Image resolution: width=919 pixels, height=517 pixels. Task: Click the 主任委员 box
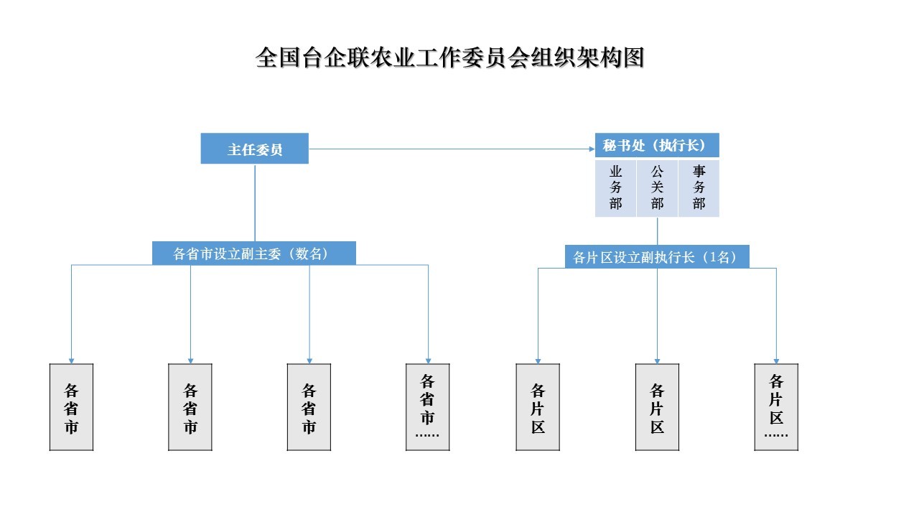[254, 149]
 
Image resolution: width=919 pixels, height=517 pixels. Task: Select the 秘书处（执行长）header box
[657, 145]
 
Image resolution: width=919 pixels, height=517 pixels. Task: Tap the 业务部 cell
[615, 188]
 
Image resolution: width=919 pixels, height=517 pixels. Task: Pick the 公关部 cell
[657, 188]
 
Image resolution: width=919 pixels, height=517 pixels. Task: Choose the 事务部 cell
[699, 188]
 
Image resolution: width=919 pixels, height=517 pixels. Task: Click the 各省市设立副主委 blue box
[254, 253]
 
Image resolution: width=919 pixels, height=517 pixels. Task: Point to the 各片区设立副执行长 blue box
[657, 257]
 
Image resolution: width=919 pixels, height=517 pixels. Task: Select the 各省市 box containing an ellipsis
[427, 407]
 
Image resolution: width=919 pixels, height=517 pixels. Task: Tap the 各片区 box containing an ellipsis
[776, 407]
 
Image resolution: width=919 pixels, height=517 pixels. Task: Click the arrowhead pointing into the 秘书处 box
[592, 149]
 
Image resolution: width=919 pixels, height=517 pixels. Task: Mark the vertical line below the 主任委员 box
[255, 202]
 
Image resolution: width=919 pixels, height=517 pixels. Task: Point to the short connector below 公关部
[657, 231]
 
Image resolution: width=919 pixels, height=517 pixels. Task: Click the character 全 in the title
[266, 57]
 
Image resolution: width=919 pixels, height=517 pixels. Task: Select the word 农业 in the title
[392, 57]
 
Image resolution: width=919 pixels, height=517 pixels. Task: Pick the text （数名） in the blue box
[309, 253]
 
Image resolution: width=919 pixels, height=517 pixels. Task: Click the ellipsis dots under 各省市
[427, 435]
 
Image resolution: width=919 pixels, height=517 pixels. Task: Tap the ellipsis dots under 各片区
[776, 435]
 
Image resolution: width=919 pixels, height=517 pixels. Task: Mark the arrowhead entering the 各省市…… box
[429, 361]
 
